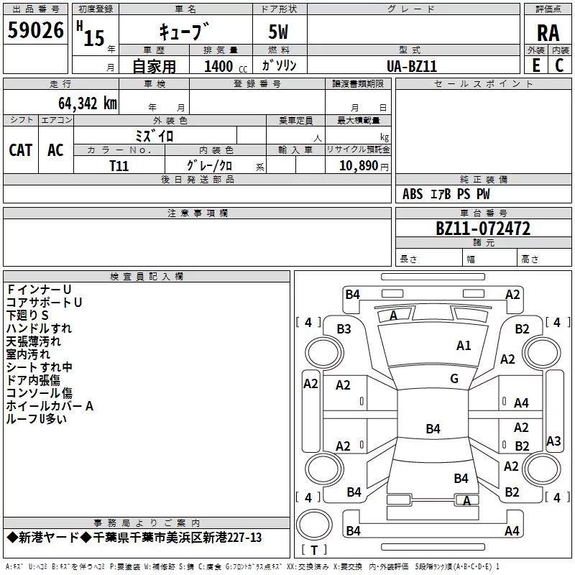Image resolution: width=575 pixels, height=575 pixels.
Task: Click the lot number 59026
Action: (x=35, y=30)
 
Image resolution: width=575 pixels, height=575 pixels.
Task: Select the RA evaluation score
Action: (x=548, y=32)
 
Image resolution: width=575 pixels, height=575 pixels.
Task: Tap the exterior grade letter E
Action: (x=536, y=65)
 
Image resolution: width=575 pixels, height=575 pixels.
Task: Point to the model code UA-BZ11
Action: (x=412, y=66)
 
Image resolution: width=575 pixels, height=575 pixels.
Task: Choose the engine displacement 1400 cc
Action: (x=220, y=67)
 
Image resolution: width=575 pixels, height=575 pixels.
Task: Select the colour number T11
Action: (x=119, y=165)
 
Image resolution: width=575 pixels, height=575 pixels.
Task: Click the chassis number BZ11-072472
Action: (x=483, y=229)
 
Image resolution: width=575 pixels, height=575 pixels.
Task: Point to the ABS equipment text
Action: (x=413, y=194)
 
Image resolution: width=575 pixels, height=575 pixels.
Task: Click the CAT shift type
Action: (x=20, y=149)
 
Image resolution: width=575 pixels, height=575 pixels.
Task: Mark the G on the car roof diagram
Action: (x=454, y=379)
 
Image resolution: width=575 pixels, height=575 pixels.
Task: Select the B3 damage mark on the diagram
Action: (x=344, y=329)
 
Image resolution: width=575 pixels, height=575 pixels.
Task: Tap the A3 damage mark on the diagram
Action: (x=553, y=441)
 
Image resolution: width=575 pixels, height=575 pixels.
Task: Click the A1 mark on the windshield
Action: (x=464, y=346)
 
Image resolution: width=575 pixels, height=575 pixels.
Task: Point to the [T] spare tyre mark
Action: (x=313, y=551)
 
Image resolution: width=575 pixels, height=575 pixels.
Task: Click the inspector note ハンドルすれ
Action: (x=39, y=328)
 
